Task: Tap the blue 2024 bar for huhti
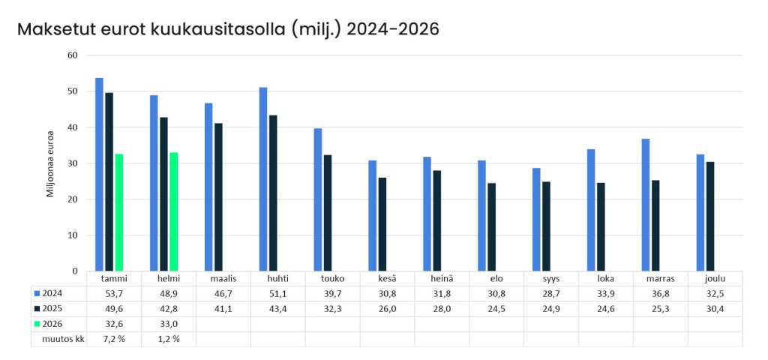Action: [x=263, y=179]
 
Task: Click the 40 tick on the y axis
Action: [x=73, y=127]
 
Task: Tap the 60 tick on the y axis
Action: [x=73, y=55]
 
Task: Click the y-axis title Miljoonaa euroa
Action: [x=50, y=163]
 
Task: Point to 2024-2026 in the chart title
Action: [x=392, y=29]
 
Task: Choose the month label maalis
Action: [x=223, y=279]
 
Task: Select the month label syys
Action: [x=551, y=279]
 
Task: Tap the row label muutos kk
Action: [x=61, y=339]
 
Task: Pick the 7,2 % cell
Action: [x=114, y=339]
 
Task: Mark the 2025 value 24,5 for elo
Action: [x=496, y=309]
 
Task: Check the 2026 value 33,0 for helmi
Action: [x=168, y=324]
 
